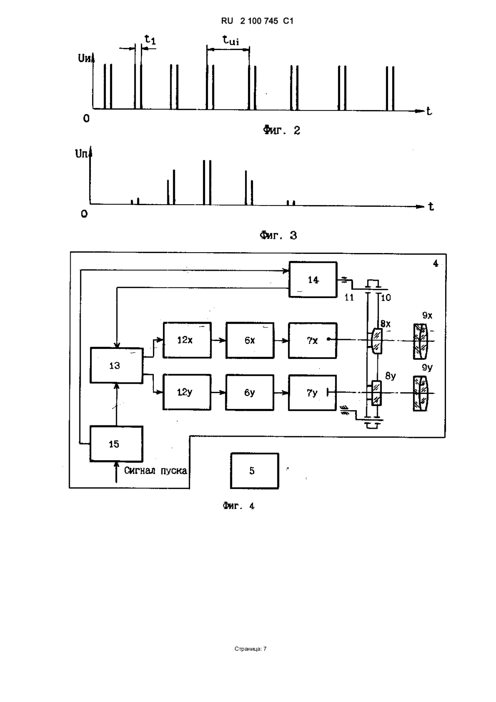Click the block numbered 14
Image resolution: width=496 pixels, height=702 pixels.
point(313,279)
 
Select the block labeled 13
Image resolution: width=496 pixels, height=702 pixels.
point(117,365)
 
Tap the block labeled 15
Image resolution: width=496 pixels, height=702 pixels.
point(116,444)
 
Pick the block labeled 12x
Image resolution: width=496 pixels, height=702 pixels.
point(187,340)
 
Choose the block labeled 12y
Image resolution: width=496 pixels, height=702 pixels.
point(187,392)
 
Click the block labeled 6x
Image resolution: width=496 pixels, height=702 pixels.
point(250,340)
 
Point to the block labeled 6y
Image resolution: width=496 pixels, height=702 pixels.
point(250,392)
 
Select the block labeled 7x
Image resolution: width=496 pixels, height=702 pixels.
point(313,340)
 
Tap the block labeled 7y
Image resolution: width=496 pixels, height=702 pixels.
point(312,392)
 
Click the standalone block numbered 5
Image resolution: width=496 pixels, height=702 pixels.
point(255,471)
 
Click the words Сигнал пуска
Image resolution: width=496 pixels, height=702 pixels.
point(155,470)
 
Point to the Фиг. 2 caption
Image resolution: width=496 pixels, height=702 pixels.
point(281,130)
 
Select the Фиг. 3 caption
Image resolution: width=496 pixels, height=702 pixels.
point(278,235)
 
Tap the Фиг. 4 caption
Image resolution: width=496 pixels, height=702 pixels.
point(239,506)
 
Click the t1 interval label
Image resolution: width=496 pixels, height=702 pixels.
point(150,39)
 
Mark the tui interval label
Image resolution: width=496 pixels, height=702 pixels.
point(231,40)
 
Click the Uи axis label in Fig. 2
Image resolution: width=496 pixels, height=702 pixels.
point(85,58)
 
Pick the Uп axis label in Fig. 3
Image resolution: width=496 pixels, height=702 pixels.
point(82,154)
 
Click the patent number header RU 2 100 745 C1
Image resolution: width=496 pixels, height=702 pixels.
point(257,21)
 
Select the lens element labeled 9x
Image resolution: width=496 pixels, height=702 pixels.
point(420,341)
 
